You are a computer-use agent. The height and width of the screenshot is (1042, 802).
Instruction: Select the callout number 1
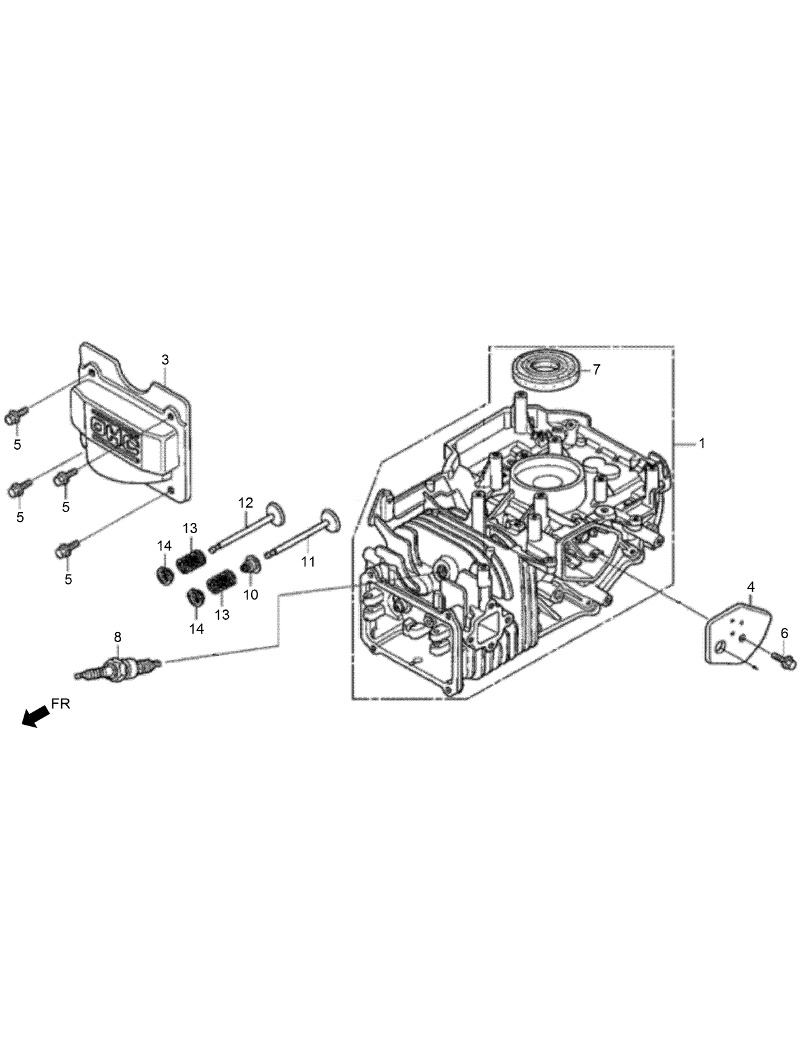pos(702,443)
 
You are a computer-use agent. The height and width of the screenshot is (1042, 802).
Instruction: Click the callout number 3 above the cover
pos(165,360)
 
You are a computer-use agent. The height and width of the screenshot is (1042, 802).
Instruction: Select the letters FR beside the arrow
pos(61,704)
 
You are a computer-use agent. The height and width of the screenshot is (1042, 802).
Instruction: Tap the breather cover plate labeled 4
pos(736,634)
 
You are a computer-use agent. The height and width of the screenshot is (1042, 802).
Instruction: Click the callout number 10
pos(251,594)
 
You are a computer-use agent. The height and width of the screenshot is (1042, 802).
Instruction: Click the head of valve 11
pos(331,519)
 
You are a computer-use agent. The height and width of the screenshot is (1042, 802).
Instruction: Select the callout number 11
pos(308,562)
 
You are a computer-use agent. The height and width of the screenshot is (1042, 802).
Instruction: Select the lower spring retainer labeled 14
pos(195,598)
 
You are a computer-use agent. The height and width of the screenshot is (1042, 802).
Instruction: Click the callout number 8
pos(117,636)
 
